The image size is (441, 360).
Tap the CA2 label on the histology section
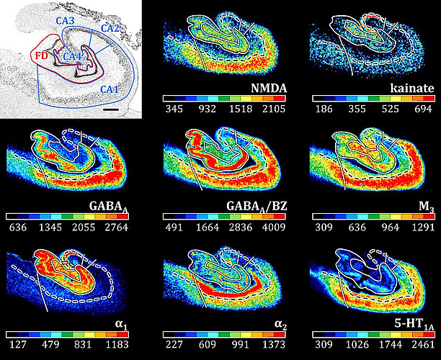coord(111,28)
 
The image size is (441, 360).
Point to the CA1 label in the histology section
coord(110,89)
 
